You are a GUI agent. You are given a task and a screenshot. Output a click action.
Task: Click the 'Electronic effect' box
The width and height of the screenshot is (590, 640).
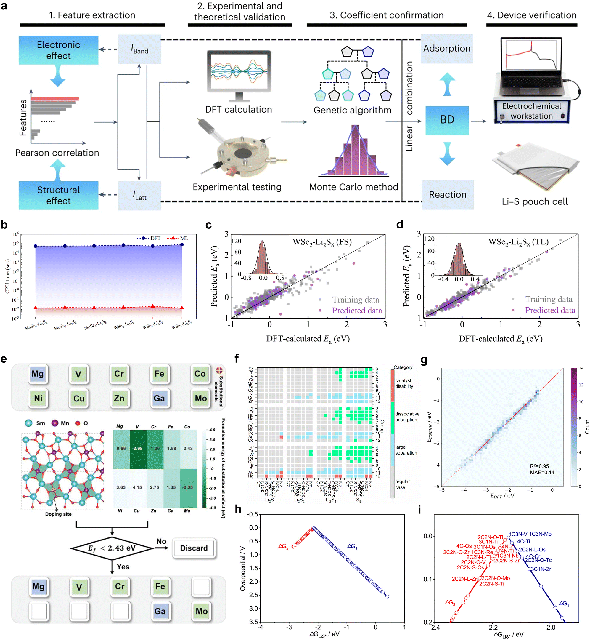tap(58, 50)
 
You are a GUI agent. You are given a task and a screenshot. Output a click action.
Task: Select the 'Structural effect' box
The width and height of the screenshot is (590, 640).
tap(58, 195)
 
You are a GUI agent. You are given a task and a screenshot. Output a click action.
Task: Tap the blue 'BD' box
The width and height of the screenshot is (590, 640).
tap(447, 120)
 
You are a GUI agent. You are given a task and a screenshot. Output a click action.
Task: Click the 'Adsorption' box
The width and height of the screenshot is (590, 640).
tap(447, 49)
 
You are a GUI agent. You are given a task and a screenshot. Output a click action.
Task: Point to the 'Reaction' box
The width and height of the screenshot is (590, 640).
tap(448, 195)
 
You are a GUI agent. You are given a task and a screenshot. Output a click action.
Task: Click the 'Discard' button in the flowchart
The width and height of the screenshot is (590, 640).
tap(194, 548)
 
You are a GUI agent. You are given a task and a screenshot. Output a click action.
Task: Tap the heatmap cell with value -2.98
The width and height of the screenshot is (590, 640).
tap(138, 449)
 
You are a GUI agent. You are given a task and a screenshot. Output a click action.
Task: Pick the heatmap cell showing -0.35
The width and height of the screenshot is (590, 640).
tap(188, 488)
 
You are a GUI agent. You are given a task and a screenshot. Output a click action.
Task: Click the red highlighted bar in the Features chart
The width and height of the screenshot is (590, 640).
tap(55, 99)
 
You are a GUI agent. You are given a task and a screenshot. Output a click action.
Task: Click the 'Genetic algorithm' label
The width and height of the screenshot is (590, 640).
tap(353, 110)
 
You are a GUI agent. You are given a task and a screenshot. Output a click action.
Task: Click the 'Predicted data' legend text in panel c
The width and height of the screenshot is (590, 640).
tap(357, 311)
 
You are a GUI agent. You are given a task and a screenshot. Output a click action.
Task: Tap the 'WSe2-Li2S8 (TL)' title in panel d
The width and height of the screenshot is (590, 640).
tap(518, 242)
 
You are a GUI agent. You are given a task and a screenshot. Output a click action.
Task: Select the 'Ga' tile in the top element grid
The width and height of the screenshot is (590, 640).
tap(159, 399)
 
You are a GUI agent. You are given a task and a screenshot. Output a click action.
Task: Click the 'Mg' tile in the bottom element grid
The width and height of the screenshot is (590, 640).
tap(38, 587)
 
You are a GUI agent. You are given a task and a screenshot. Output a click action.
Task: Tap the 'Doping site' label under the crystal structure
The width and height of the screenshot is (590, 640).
tap(58, 514)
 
